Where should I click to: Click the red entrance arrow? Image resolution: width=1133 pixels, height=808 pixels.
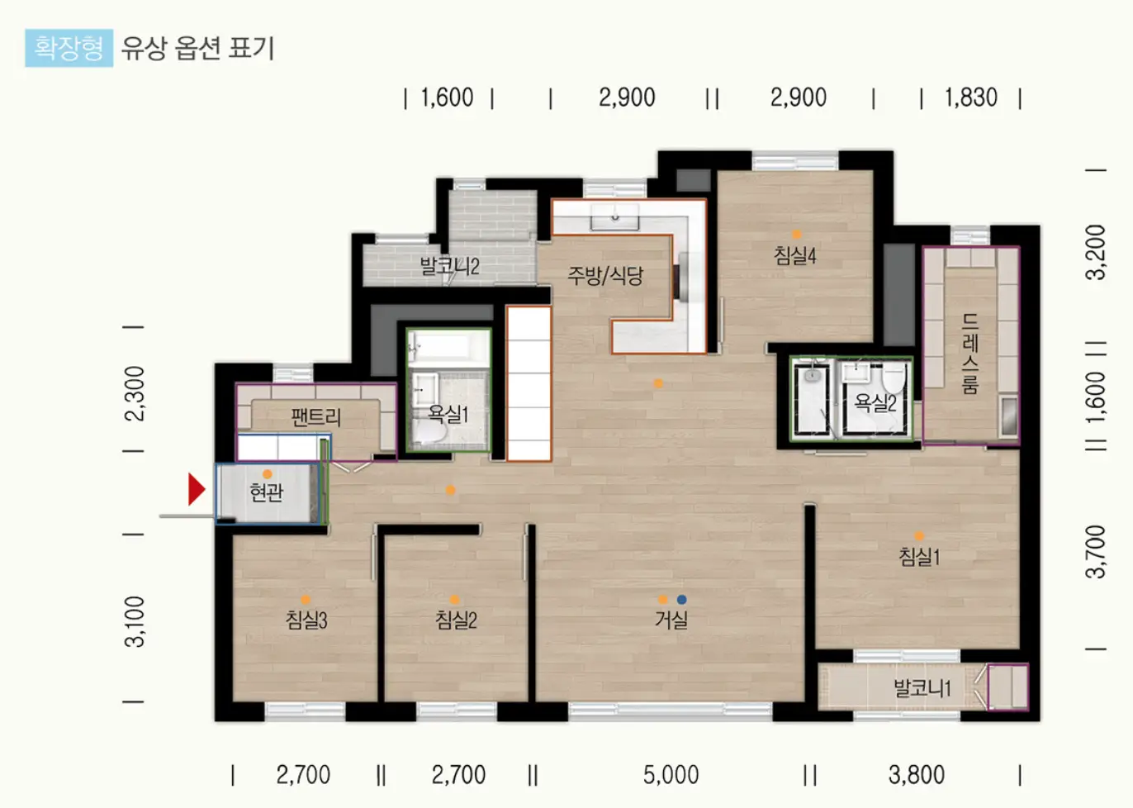coord(196,489)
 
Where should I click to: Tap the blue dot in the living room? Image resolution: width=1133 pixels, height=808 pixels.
coord(682,600)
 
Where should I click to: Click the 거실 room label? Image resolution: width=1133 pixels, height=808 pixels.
coord(671,620)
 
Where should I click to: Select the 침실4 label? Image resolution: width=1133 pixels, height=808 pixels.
coord(794,255)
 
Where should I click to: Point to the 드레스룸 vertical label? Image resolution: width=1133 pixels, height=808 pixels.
coord(970,354)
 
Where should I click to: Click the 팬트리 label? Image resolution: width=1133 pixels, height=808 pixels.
coord(316,417)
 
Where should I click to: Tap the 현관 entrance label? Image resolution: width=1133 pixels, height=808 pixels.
coord(267,492)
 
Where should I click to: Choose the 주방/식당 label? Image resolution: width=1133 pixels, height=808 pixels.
coord(605,276)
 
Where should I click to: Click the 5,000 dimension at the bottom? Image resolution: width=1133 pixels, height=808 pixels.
coord(671,775)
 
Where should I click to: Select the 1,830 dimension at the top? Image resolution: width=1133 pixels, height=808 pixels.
coord(970,97)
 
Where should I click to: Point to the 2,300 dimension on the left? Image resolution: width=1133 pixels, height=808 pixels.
coord(135,393)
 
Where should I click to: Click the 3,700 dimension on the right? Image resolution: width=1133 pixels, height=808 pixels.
coord(1096,552)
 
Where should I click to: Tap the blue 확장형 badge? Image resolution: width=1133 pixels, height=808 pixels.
coord(69,48)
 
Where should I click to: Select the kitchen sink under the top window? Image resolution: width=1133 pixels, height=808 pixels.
coord(615,217)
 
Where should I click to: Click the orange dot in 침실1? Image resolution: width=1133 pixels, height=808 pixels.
coord(919,536)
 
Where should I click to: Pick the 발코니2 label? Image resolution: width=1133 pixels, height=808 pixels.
coord(450,267)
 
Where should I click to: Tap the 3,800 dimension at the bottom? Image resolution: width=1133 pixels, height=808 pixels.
coord(916,775)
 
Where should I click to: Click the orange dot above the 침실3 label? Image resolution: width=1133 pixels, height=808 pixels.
coord(306,600)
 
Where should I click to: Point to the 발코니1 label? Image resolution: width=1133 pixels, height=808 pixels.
coord(922,688)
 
